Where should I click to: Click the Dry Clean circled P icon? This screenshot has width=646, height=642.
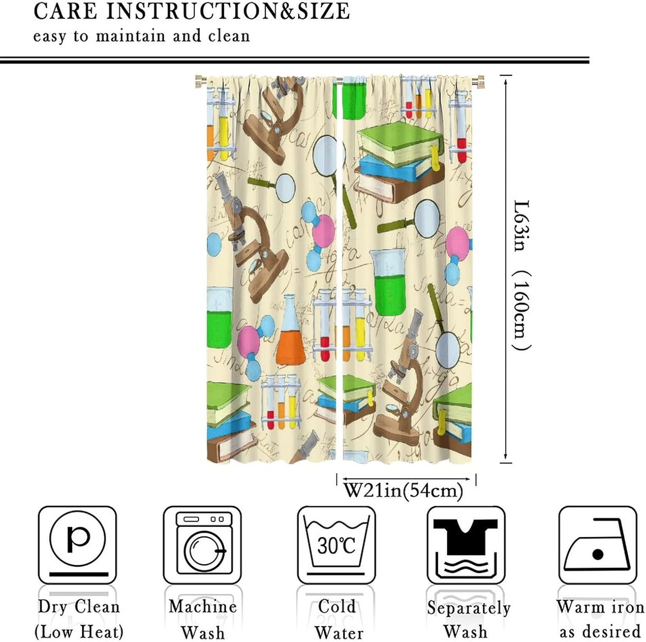[x=77, y=545]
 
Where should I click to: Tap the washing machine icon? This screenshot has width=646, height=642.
[x=202, y=545]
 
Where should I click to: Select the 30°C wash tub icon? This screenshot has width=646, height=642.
[x=336, y=545]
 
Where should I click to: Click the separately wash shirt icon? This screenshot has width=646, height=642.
[x=466, y=545]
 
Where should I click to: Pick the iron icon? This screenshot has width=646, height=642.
[x=597, y=545]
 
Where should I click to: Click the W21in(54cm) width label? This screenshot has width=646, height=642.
[x=403, y=490]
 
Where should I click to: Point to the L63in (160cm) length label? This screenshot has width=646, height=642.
[x=522, y=275]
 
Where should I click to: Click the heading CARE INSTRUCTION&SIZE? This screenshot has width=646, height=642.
[x=192, y=12]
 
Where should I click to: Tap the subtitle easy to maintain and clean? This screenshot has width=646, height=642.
[x=142, y=36]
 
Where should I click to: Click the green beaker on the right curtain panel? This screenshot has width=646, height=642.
[x=388, y=282]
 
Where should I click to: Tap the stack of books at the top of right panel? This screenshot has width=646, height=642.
[x=398, y=161]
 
